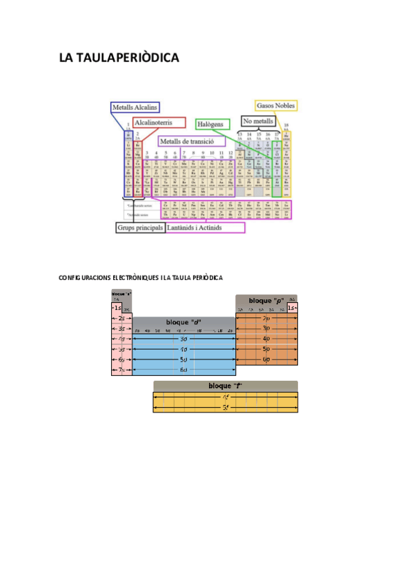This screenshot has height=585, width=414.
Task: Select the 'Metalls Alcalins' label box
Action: pos(135,107)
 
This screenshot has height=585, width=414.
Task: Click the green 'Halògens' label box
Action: pos(212,124)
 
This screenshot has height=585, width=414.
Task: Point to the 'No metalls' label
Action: pos(258,121)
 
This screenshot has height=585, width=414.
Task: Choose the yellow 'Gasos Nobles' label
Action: pos(276,106)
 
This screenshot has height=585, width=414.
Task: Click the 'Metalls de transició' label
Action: pos(192,141)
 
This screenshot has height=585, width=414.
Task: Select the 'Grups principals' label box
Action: pos(140,227)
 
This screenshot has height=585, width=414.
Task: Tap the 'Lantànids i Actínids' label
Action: pos(205,228)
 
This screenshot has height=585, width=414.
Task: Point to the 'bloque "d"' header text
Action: pos(184,322)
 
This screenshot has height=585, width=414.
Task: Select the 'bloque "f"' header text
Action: pos(225,386)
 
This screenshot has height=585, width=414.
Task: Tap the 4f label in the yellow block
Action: pos(226,397)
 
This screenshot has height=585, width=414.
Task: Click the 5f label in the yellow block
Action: pos(226,408)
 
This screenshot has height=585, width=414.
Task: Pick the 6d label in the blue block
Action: pos(184,370)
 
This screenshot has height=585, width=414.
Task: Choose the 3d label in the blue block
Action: pos(184,339)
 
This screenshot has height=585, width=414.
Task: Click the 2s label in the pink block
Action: pos(121,318)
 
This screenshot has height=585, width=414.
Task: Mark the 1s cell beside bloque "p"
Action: pos(292,308)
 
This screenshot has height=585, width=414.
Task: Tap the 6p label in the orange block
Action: pos(266,359)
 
